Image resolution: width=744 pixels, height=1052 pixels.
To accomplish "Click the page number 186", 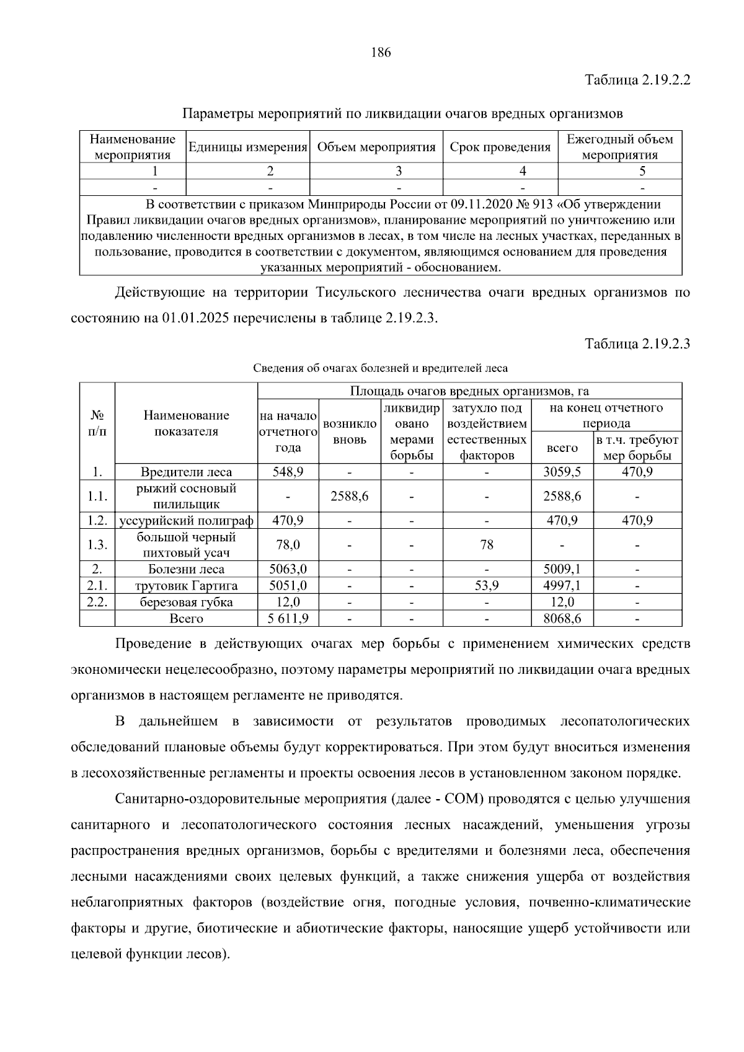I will (x=381, y=53).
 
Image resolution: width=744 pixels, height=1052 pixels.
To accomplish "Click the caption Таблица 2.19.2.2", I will (x=638, y=81).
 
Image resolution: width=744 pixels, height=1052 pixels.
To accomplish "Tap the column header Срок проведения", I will (x=500, y=148).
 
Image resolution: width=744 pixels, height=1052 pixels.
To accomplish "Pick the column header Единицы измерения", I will (x=247, y=148).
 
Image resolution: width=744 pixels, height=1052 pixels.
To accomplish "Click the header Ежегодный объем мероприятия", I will (x=620, y=148).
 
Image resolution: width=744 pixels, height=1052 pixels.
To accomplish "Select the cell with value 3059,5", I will (x=562, y=472).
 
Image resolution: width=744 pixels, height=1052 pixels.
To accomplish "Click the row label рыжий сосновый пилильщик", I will (x=186, y=496).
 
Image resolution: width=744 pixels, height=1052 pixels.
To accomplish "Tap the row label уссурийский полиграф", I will (x=186, y=521).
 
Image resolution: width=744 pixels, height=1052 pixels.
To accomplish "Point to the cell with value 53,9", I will (x=487, y=586).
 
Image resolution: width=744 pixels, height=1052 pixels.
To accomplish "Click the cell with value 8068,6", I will (x=562, y=619).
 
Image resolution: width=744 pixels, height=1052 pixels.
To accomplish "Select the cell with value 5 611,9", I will (x=287, y=619).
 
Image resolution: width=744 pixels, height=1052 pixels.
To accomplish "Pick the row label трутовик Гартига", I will (x=186, y=586).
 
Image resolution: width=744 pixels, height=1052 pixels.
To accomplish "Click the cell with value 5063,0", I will (x=287, y=569).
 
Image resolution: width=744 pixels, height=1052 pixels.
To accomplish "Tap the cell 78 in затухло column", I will (x=487, y=545).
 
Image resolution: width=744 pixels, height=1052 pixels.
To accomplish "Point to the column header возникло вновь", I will (x=350, y=432).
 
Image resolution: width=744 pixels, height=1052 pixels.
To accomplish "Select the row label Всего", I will (x=186, y=619).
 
